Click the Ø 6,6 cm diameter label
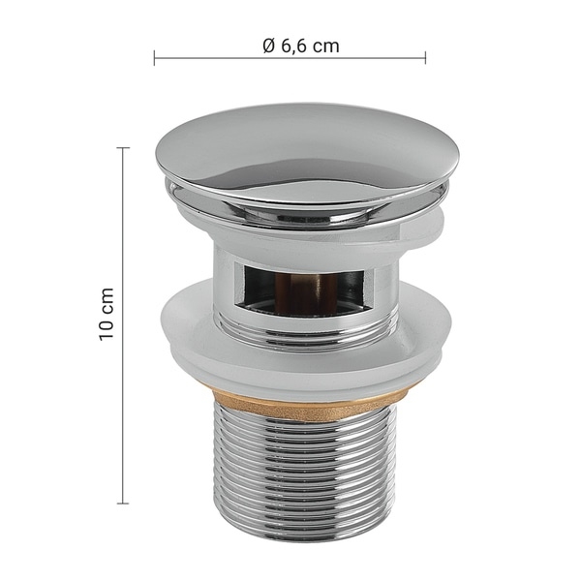pos(301,46)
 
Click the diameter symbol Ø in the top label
pos(269,46)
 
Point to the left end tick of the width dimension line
pos(154,58)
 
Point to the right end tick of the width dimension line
pos(425,58)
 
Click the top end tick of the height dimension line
pos(123,148)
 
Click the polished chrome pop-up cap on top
pos(308,156)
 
